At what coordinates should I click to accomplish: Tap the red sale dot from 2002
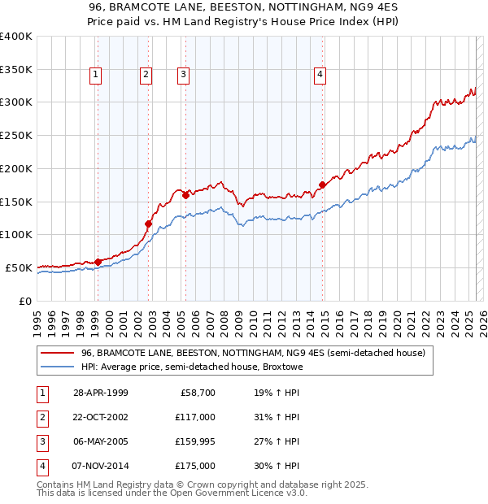(149, 224)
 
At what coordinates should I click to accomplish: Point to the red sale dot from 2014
(323, 185)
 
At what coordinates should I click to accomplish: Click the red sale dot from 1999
(98, 262)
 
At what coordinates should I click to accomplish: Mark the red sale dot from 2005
(185, 195)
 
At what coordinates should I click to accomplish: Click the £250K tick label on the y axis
(16, 135)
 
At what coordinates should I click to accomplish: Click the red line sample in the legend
(57, 354)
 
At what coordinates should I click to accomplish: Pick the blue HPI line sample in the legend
(57, 367)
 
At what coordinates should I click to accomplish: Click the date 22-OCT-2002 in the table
(101, 417)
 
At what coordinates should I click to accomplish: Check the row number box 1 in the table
(41, 393)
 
